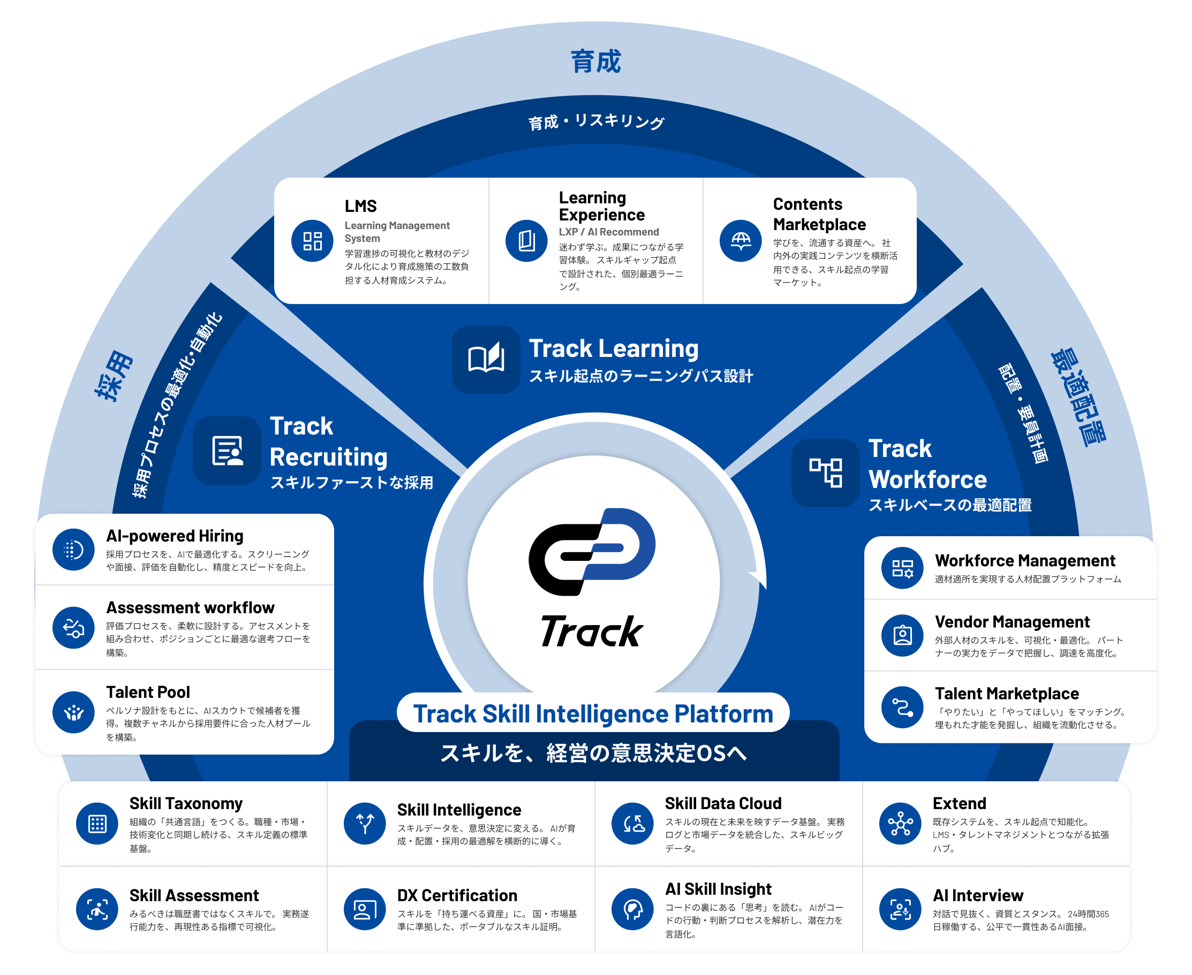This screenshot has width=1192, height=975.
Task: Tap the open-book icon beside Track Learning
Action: pyautogui.click(x=486, y=360)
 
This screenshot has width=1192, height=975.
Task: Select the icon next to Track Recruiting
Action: pyautogui.click(x=227, y=451)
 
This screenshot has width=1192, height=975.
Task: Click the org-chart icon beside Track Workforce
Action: pyautogui.click(x=826, y=473)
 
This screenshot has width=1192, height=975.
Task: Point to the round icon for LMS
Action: pyautogui.click(x=313, y=241)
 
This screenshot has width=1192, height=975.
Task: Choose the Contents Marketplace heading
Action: pyautogui.click(x=819, y=214)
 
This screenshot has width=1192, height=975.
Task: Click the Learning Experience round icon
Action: pyautogui.click(x=526, y=241)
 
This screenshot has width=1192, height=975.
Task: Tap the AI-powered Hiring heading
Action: pyautogui.click(x=175, y=536)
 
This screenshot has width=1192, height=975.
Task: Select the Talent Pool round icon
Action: pyautogui.click(x=73, y=712)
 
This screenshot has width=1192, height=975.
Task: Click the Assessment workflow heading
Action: pyautogui.click(x=191, y=608)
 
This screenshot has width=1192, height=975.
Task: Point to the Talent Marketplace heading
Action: pyautogui.click(x=1007, y=694)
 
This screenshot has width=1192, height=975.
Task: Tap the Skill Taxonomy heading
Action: pyautogui.click(x=186, y=803)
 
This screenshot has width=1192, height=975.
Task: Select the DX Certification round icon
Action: pyautogui.click(x=365, y=909)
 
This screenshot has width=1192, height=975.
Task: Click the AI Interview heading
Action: pyautogui.click(x=978, y=895)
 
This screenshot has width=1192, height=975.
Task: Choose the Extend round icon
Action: pyautogui.click(x=900, y=824)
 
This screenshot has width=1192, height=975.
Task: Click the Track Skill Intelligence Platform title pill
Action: pyautogui.click(x=593, y=713)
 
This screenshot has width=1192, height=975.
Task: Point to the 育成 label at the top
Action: pyautogui.click(x=595, y=62)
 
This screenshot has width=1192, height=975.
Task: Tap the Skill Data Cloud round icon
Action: pyautogui.click(x=633, y=824)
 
